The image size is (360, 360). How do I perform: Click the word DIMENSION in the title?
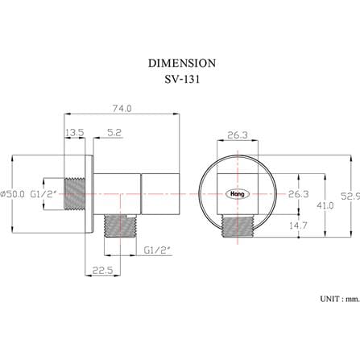[x=182, y=64]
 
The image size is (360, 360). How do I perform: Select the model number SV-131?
[x=182, y=79]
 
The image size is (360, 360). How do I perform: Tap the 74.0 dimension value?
[x=122, y=108]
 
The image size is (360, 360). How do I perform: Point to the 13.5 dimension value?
[x=75, y=132]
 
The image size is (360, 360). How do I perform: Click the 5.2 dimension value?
[x=114, y=132]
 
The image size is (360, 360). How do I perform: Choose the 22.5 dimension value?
[x=102, y=270]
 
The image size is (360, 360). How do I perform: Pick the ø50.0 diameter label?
[x=13, y=194]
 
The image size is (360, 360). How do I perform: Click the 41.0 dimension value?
[x=325, y=205]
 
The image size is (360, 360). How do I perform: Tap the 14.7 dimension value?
[x=298, y=226]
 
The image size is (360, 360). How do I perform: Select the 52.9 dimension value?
[x=350, y=196]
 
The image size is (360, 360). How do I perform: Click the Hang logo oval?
[x=238, y=194]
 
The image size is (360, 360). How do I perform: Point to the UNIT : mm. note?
[x=340, y=299]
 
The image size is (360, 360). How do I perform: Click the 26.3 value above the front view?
[x=238, y=135]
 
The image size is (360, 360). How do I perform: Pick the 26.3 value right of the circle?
[x=299, y=194]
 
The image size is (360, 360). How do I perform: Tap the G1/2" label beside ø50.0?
[x=43, y=194]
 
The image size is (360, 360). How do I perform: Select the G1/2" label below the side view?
[x=157, y=250]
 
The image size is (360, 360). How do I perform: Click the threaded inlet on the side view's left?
[x=75, y=193]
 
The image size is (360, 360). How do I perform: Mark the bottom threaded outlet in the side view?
[x=120, y=226]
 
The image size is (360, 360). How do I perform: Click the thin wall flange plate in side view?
[x=89, y=194]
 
